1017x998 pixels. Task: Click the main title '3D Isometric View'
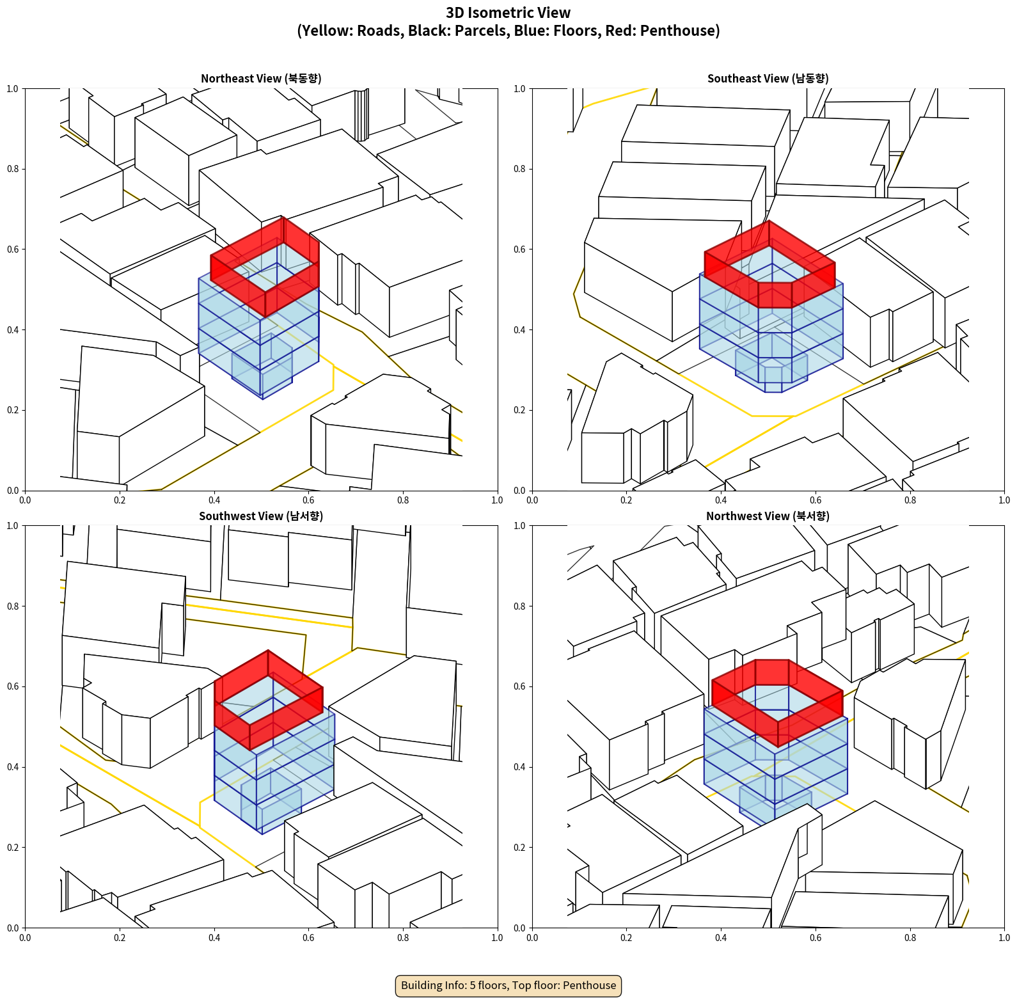pyautogui.click(x=508, y=13)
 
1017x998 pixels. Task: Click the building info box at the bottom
pyautogui.click(x=508, y=985)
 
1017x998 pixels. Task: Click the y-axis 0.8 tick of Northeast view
pyautogui.click(x=13, y=169)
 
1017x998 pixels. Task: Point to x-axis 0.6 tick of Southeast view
pyautogui.click(x=816, y=500)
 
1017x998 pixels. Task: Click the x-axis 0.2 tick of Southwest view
pyautogui.click(x=120, y=938)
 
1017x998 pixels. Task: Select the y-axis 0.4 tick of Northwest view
pyautogui.click(x=519, y=767)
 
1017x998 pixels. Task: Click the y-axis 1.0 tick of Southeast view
pyautogui.click(x=519, y=88)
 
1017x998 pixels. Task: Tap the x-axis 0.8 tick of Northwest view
pyautogui.click(x=910, y=938)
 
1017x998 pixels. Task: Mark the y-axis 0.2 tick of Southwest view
pyautogui.click(x=13, y=847)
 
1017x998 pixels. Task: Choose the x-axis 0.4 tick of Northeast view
pyautogui.click(x=214, y=500)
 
